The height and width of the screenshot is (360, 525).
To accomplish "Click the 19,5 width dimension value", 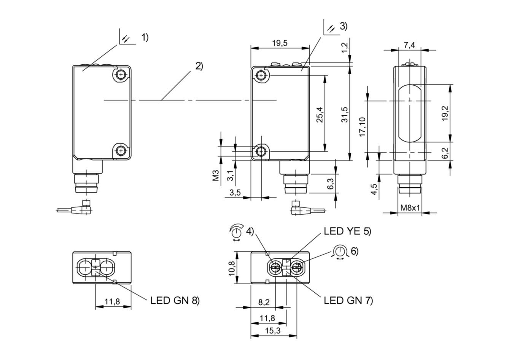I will coord(280,43).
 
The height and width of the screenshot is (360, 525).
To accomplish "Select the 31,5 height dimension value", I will coord(344,114).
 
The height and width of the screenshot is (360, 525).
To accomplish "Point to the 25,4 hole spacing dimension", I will coord(320,114).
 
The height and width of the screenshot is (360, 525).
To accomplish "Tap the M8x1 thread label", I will coord(410,208).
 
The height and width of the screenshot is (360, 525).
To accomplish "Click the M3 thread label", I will coord(216,177).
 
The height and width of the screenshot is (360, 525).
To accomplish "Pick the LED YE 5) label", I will coord(347,231).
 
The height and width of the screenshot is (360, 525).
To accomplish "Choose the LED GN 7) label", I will coord(348,300).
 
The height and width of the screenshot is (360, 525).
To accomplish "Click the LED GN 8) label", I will coord(175,300).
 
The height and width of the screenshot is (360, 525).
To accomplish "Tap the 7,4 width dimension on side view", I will coord(409,45).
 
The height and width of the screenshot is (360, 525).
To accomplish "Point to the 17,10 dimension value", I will coord(362,127).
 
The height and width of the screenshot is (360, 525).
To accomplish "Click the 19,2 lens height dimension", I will coord(445,113).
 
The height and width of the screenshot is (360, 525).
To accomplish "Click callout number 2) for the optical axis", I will coord(199,66).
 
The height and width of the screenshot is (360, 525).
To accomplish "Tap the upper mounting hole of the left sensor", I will coord(121,74).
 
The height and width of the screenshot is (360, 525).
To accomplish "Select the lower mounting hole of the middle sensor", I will coord(261,152).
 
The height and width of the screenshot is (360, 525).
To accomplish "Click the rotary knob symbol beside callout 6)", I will coord(340,252).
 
